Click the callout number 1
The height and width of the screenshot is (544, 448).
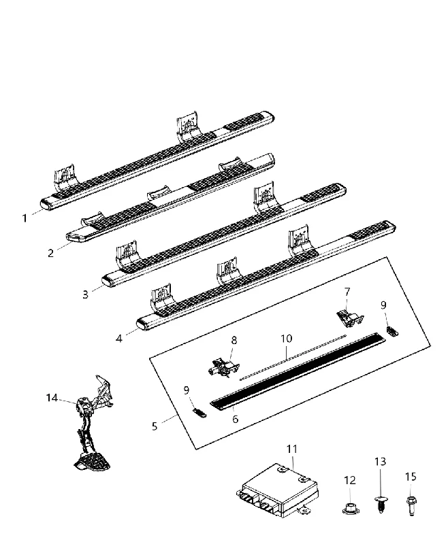coord(25,218)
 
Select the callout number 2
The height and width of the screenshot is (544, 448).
coord(50,253)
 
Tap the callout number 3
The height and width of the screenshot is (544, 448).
coord(85,294)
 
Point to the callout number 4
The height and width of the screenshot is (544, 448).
coord(119,338)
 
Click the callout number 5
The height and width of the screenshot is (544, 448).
coord(155,426)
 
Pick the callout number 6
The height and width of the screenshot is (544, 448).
coord(235,419)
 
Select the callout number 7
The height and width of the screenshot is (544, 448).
coord(347,292)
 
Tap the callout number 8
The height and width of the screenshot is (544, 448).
coord(234,340)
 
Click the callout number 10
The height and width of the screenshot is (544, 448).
coord(287,338)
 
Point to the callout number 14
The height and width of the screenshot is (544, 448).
coord(52,398)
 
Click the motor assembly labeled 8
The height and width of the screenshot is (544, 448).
coord(223,368)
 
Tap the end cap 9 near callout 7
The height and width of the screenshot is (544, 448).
coord(392,331)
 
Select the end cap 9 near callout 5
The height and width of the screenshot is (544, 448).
coord(199,413)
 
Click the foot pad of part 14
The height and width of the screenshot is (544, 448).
coord(92,462)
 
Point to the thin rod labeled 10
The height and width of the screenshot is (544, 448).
coord(293,357)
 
